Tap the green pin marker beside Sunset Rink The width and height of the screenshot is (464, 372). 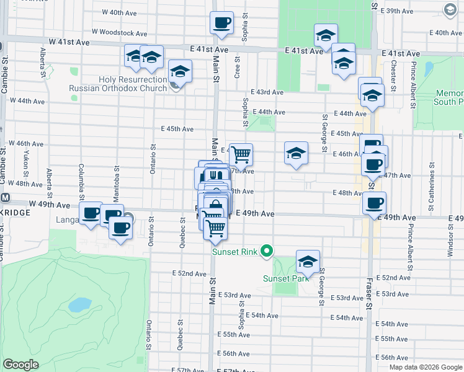pyautogui.click(x=267, y=251)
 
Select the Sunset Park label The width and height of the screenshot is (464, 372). pyautogui.click(x=285, y=278)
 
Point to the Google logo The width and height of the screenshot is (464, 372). pyautogui.click(x=20, y=365)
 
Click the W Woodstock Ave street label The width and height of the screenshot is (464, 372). pyautogui.click(x=119, y=32)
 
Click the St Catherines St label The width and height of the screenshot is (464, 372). pyautogui.click(x=429, y=177)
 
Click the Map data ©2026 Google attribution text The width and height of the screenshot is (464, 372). pyautogui.click(x=425, y=367)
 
